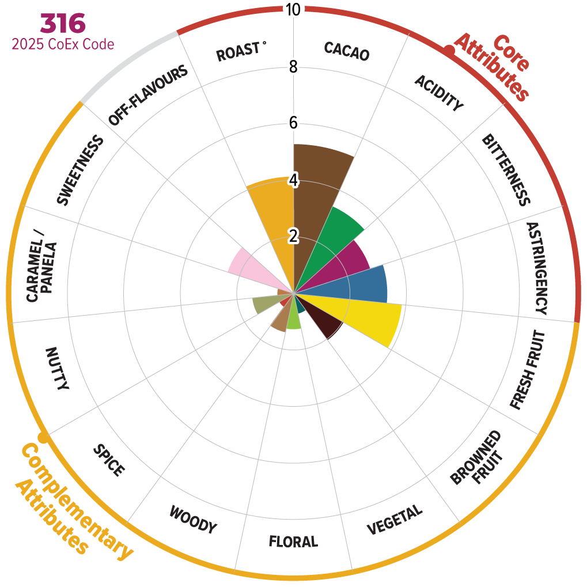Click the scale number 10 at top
[x=293, y=10]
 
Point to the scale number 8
[x=293, y=67]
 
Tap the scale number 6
[x=293, y=123]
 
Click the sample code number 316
[x=63, y=23]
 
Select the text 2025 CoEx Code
[x=63, y=44]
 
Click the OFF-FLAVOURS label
[x=148, y=96]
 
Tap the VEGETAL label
[x=395, y=520]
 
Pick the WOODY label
[x=193, y=520]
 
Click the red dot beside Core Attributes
[x=449, y=51]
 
